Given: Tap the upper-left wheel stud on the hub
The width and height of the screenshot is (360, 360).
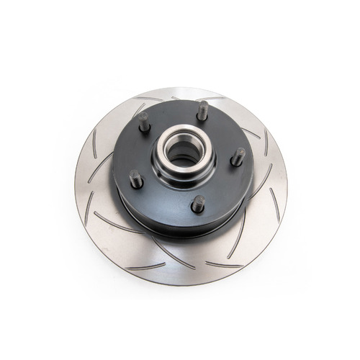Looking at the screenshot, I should pos(144,122).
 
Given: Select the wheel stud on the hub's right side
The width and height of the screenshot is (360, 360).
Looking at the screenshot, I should pos(238,156).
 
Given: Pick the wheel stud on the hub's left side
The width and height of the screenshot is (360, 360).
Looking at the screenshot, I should pos(136,179).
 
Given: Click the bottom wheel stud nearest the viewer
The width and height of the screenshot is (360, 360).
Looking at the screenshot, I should pos(198,204).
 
